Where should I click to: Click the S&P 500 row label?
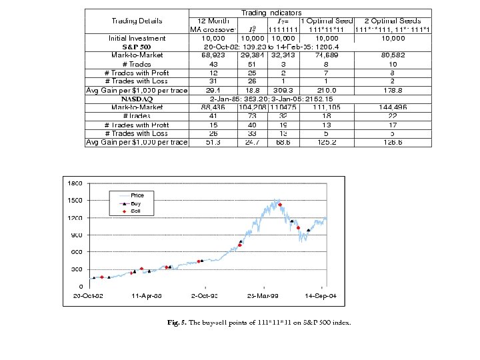pos(136,47)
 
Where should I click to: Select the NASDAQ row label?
pos(137,99)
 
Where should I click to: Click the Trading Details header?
pos(137,21)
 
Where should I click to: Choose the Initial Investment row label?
pos(137,39)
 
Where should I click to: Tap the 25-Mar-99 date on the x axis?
pos(263,294)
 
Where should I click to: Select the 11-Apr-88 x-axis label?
pos(147,294)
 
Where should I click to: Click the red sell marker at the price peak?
pos(280,205)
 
